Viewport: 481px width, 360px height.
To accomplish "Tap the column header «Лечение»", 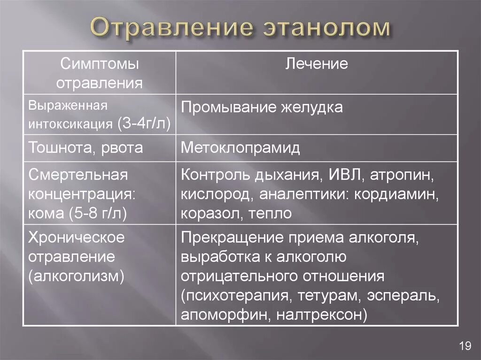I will pyautogui.click(x=317, y=64).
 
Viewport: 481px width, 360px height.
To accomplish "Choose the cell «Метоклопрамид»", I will pyautogui.click(x=240, y=148).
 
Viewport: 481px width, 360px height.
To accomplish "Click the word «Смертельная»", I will pyautogui.click(x=78, y=175).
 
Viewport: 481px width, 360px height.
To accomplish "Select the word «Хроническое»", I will pyautogui.click(x=77, y=237).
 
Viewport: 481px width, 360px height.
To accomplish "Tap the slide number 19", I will pyautogui.click(x=465, y=346).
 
